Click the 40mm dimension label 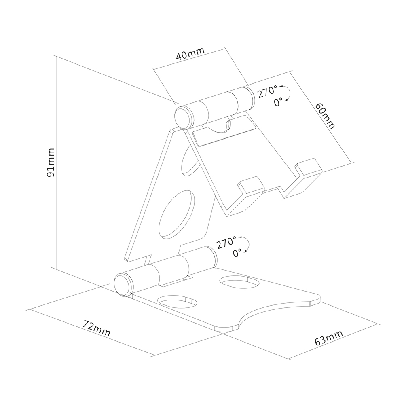click(x=190, y=54)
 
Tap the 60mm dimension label click(x=325, y=115)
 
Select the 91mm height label click(x=51, y=163)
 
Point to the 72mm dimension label click(x=96, y=328)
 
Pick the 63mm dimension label click(x=329, y=338)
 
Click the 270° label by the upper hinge click(x=267, y=92)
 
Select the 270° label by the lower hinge click(x=226, y=243)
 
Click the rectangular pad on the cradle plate click(x=224, y=131)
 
